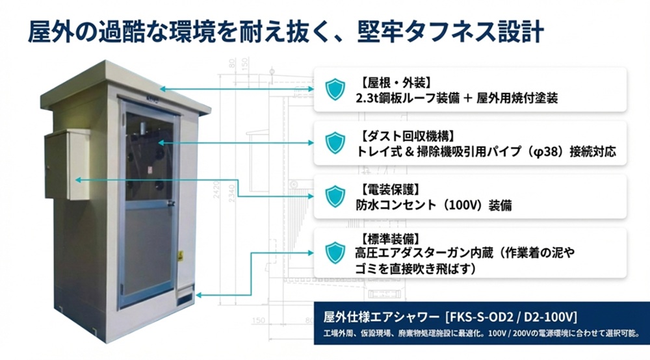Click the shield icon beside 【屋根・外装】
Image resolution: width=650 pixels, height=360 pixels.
pyautogui.click(x=335, y=90)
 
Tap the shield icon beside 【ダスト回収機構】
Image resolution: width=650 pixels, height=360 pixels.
pyautogui.click(x=335, y=143)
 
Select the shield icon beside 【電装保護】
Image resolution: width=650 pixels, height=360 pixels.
pyautogui.click(x=335, y=196)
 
